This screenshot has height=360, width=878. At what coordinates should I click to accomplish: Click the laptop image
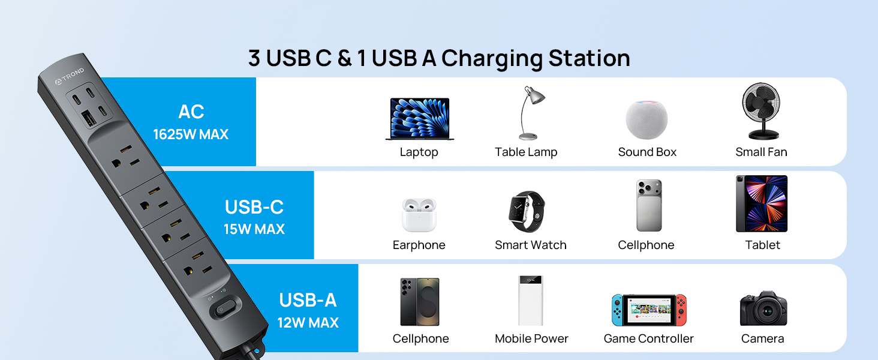pos(419,119)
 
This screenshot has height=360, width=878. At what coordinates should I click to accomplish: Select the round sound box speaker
pos(647,119)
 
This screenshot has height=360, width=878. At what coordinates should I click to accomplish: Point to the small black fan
pos(761,112)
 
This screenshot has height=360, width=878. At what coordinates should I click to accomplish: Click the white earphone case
pos(419,215)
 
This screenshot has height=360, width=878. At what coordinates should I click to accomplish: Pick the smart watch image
pos(527,212)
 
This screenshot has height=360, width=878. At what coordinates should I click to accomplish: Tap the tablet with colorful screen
pos(762,203)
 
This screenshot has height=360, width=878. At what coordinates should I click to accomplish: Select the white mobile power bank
pos(531,301)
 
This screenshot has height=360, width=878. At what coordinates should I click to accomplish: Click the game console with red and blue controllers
pos(649,310)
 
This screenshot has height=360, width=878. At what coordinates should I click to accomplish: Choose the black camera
pos(763,308)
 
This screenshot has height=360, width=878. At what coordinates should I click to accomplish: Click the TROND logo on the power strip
pos(70,76)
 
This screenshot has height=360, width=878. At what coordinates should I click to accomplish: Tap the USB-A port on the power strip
pos(89,118)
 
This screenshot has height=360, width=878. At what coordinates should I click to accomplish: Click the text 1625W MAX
pos(191,134)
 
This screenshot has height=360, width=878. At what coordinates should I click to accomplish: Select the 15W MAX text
pos(254,229)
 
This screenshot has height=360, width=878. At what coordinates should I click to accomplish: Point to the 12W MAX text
pos(308,323)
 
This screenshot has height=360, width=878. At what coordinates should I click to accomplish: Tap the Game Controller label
pos(649,338)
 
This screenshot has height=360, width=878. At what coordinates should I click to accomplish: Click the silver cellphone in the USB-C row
pos(649,205)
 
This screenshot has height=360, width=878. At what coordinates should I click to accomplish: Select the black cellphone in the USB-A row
pos(419,302)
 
